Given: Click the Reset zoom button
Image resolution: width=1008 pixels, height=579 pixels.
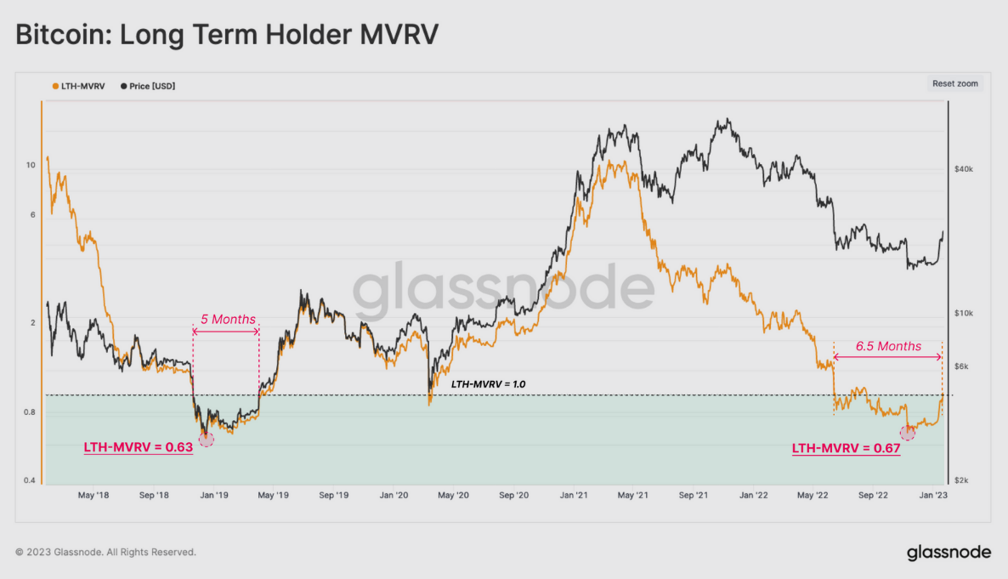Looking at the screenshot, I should [955, 84].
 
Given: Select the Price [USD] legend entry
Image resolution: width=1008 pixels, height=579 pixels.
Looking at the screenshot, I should [150, 86].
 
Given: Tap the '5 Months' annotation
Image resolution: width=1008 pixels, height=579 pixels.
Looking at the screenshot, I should [227, 320].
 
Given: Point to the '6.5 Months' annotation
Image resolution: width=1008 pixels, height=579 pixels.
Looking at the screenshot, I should [887, 346].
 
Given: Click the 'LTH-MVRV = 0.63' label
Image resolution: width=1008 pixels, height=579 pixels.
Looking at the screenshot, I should [138, 446].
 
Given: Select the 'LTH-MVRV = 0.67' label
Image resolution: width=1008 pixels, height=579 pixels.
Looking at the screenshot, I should [846, 448].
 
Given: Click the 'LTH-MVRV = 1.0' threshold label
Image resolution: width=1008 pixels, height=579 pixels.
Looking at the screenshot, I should [488, 384].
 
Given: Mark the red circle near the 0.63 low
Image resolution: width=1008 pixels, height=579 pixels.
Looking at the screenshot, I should [206, 439].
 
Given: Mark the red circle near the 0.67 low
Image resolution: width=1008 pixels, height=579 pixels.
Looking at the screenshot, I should [908, 432].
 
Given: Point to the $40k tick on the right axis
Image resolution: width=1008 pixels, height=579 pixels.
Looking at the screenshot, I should [963, 170].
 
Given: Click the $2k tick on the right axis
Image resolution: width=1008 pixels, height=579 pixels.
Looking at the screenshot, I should [960, 480].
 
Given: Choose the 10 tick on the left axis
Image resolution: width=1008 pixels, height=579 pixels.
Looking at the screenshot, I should [31, 165].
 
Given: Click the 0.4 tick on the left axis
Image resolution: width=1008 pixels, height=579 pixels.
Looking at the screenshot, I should [29, 480].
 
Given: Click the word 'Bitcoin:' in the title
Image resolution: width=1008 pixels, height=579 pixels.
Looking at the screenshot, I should [62, 35].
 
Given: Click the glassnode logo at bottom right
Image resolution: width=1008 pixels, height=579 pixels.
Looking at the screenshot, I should [949, 553].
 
